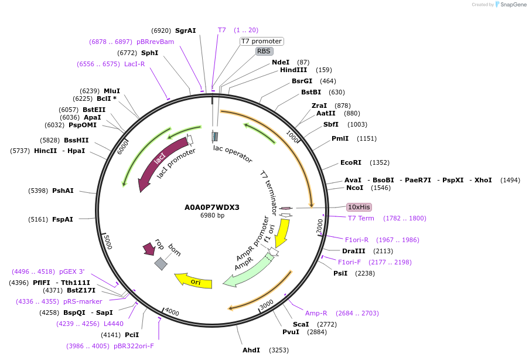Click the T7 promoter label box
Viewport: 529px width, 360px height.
coord(262,41)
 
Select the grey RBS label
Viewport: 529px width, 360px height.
coord(264,51)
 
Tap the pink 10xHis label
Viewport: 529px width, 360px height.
coord(359,207)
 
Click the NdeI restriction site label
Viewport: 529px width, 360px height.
coord(281,62)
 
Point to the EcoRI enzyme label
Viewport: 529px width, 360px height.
coord(351,162)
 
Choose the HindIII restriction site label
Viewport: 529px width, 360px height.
coord(293,70)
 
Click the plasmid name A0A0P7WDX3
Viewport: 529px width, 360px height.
coord(212,207)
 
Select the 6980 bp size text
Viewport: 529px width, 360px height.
coord(212,216)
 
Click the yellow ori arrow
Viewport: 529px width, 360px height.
coord(193,281)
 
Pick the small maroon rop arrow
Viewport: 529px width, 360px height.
coord(148,249)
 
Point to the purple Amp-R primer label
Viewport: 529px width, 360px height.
coord(316,313)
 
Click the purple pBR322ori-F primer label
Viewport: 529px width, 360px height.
coord(135,346)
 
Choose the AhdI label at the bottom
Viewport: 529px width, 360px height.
coord(251,350)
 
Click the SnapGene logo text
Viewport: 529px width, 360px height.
coord(513,5)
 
